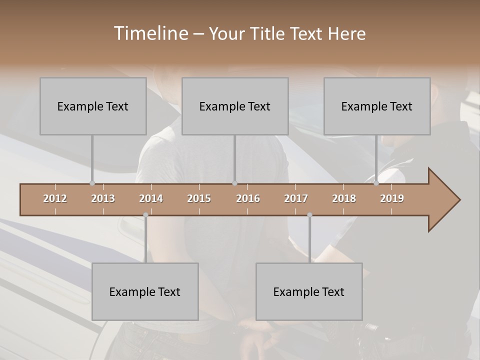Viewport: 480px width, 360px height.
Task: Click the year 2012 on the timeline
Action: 55,198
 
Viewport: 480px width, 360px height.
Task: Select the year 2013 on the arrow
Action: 103,198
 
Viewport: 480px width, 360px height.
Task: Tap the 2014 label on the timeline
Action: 151,198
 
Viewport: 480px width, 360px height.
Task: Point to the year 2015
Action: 199,198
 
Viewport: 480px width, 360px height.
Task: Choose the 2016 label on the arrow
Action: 248,198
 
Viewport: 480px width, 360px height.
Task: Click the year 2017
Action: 296,198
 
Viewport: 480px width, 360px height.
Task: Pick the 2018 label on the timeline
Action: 344,198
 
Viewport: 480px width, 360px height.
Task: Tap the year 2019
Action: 392,198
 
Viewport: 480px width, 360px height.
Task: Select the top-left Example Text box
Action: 93,106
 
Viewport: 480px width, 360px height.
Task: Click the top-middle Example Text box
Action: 235,106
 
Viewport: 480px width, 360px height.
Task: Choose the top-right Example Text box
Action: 377,106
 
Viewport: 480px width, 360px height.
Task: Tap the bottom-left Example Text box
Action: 145,291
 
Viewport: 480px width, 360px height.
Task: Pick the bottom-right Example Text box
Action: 309,291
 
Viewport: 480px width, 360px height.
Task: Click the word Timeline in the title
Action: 150,33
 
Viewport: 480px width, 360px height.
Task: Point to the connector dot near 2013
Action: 92,183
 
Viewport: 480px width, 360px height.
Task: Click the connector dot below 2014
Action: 145,215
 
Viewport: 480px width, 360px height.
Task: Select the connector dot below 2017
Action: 309,215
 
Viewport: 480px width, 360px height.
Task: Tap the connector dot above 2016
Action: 234,183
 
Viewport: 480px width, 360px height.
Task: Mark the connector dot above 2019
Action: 376,183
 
